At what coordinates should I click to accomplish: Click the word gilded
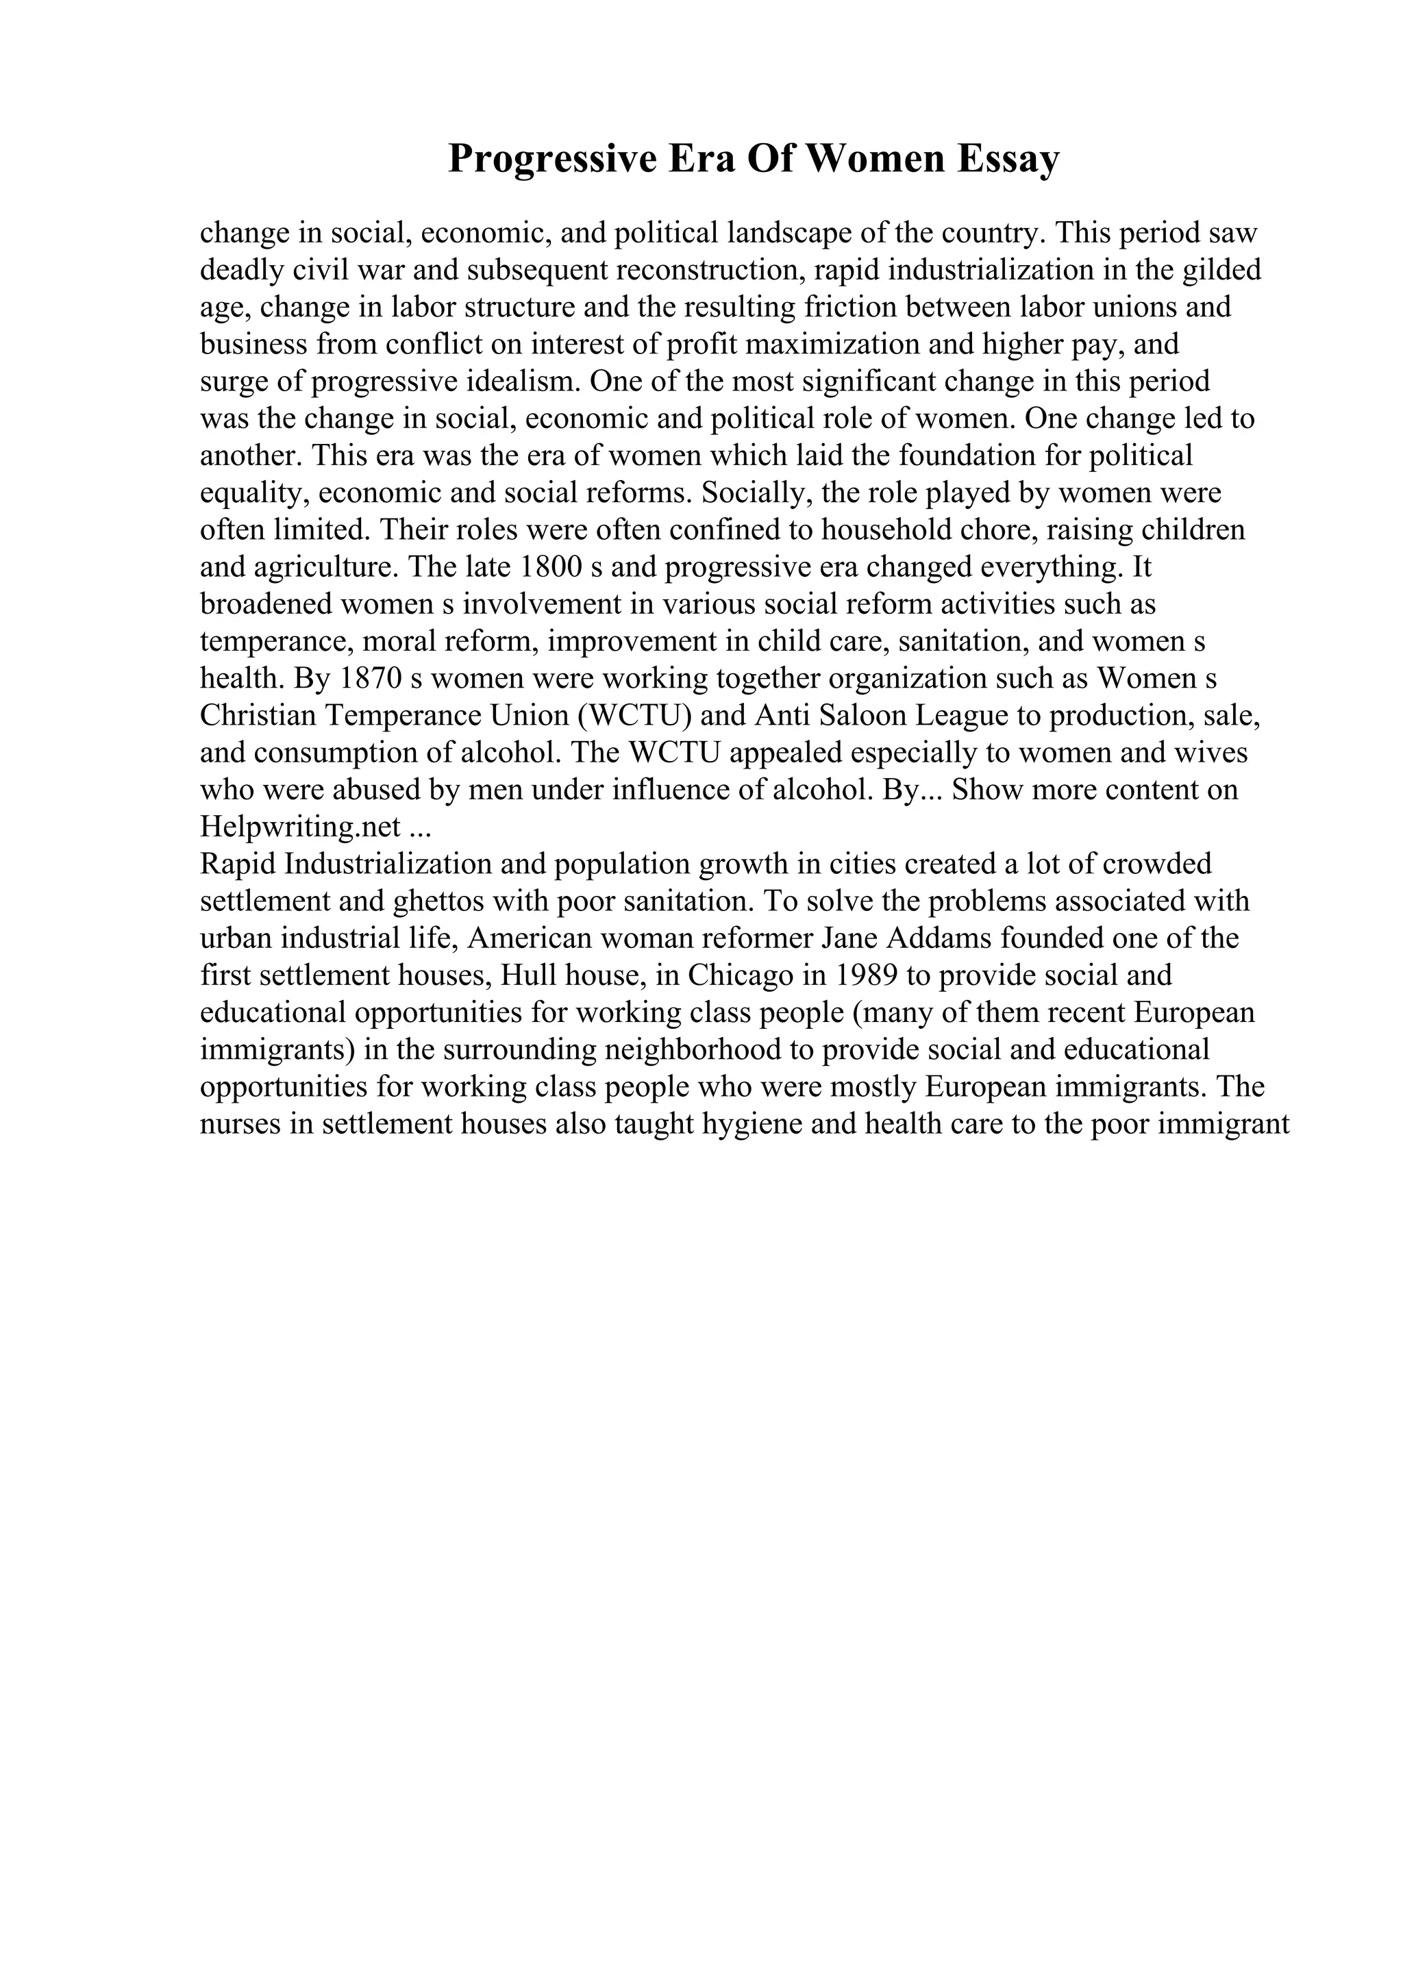1218,271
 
